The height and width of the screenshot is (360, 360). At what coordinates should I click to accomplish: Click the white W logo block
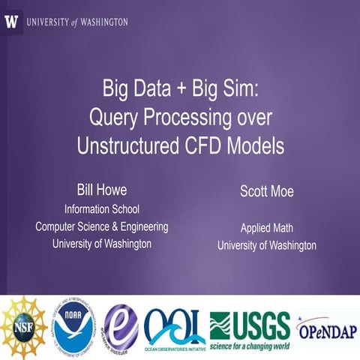12,22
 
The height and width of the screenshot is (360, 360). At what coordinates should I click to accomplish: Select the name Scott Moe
266,191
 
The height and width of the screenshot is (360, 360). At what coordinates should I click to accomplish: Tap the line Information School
102,209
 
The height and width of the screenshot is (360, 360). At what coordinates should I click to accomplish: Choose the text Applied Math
266,228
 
